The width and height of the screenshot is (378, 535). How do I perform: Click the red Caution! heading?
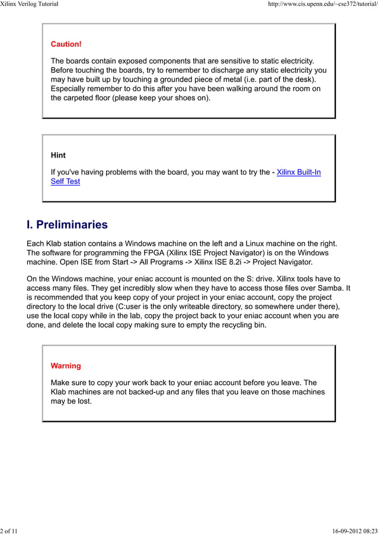[66, 44]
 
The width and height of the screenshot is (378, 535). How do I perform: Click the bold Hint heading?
[58, 155]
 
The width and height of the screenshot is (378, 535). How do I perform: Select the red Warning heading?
[66, 366]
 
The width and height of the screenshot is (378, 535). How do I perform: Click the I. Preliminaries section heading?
[67, 225]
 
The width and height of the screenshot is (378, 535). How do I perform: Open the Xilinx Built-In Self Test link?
[299, 172]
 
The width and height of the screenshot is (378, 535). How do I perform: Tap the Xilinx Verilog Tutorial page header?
[30, 5]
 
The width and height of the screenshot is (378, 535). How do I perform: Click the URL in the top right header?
[322, 5]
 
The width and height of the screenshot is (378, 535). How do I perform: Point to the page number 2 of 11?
[9, 530]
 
